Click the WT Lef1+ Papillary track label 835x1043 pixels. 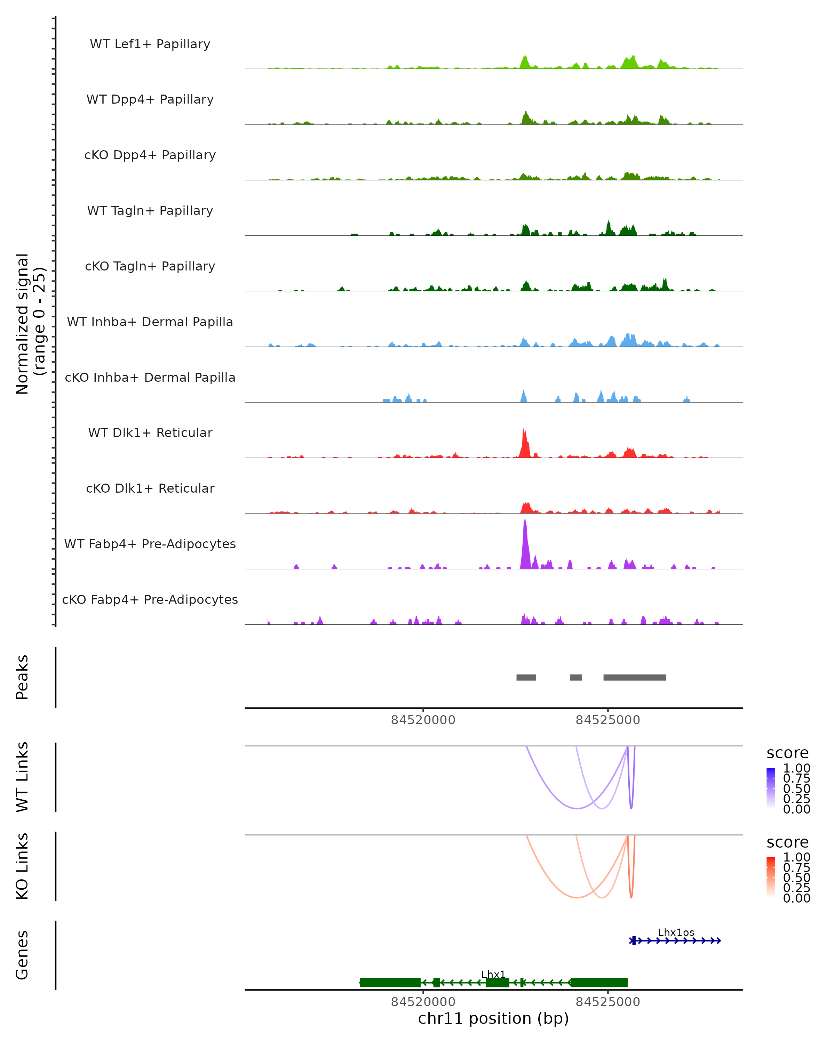point(150,44)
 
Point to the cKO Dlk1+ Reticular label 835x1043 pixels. point(150,488)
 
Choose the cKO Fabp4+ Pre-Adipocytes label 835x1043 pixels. point(150,599)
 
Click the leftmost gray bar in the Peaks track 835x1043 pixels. point(526,677)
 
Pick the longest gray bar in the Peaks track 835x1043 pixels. point(634,677)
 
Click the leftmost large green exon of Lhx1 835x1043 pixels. point(390,983)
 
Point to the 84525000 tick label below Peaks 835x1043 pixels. point(607,720)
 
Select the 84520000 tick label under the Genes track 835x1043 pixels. point(423,1002)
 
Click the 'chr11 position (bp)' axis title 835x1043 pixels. point(493,1018)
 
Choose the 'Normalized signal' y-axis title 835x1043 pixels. point(23,324)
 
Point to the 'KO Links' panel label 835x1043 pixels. point(22,866)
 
